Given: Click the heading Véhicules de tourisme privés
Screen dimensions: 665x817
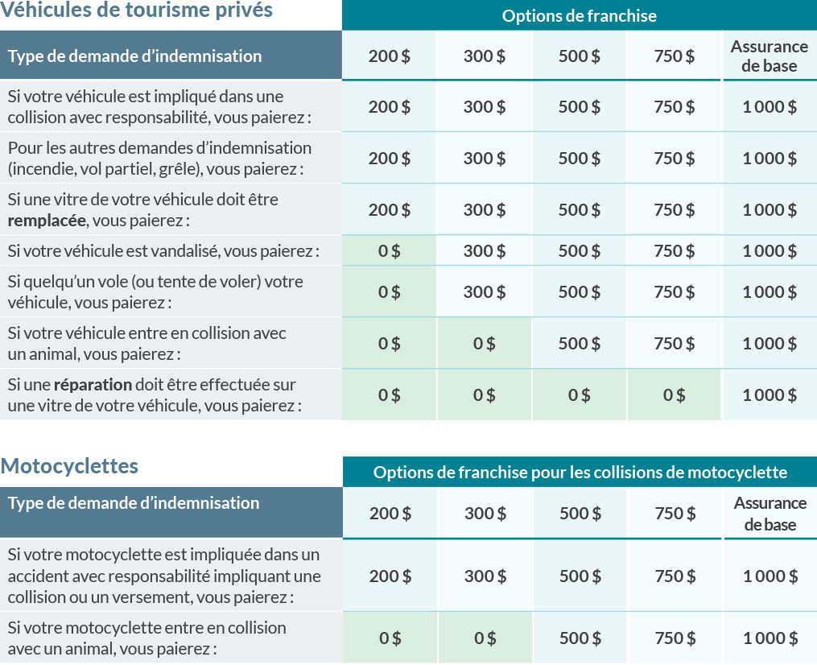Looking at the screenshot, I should tap(136, 10).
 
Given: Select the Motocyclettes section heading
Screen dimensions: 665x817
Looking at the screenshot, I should tap(69, 466).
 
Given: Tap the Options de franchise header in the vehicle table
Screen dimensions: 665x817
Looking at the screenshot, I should tap(579, 15).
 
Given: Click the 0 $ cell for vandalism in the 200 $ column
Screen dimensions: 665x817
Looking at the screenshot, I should tap(390, 251).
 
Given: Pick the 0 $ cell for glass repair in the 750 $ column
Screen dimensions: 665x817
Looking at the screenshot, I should tap(675, 395).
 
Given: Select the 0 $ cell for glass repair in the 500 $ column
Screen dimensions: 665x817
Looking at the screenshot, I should tap(580, 395).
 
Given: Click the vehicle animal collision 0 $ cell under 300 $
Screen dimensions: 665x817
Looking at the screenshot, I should tap(485, 344).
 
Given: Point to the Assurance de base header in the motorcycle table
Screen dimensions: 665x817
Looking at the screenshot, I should tap(770, 514).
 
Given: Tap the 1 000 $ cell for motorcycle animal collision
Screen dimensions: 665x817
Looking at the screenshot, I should tap(770, 638).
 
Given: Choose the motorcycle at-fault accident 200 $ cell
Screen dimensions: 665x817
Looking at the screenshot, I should tap(390, 576).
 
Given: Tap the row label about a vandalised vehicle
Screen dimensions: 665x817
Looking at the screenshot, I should tap(163, 251).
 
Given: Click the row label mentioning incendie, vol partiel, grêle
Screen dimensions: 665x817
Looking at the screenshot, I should tap(159, 159).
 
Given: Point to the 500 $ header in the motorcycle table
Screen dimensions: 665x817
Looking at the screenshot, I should tap(580, 514).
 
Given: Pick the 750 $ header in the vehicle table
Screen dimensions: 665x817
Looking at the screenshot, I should tap(675, 56).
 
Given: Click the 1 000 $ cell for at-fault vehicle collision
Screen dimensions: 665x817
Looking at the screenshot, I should tap(770, 107).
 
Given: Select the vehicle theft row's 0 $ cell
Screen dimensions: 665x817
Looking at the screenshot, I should tap(390, 292).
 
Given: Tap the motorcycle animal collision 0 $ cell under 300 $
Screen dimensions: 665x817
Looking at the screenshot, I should tap(485, 638).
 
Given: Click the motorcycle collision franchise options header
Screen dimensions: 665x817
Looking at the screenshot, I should tap(580, 472).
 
